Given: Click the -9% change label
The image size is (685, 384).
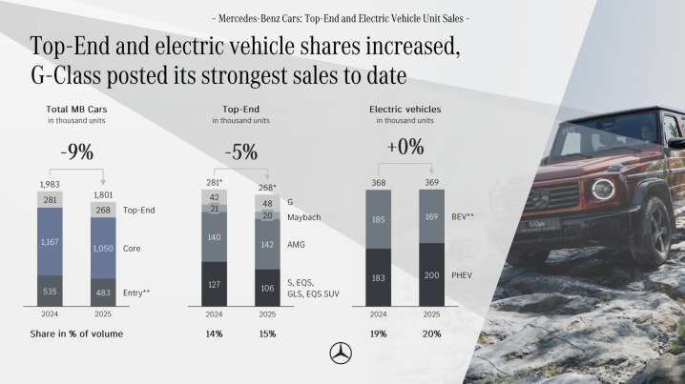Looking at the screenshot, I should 76,152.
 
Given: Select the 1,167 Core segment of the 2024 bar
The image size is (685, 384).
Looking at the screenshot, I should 51,242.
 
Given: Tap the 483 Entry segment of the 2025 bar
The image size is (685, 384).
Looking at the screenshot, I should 104,291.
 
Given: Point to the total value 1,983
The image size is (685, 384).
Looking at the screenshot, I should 51,184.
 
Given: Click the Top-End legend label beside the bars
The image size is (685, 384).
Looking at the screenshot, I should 138,209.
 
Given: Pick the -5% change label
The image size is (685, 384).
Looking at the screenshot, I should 239,152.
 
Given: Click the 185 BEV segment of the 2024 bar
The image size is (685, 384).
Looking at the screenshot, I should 379,219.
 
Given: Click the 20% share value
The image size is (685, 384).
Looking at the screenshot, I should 431,333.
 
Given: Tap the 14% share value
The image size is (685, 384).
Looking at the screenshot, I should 214,333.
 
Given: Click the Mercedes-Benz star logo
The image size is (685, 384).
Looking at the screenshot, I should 341,353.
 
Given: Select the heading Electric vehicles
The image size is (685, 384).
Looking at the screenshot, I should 405,110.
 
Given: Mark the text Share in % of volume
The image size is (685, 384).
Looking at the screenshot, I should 75,333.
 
